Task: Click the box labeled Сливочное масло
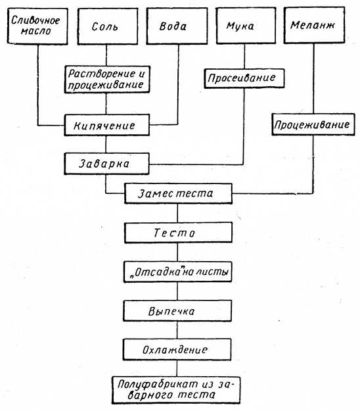37,26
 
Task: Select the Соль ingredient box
108,26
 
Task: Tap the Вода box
177,26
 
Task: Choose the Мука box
246,26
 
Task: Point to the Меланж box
315,25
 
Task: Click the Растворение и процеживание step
107,80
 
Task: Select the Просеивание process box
244,78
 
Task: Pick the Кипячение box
107,125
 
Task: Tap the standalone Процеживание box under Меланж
313,124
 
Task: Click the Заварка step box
106,164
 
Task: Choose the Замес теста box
178,194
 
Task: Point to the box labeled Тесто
178,233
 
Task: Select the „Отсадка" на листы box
178,272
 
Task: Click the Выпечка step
177,311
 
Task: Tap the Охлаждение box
177,349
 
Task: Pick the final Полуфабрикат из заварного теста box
176,391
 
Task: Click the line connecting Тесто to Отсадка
178,252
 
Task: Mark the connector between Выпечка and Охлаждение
177,330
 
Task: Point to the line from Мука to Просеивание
244,56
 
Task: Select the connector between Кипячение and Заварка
106,145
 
